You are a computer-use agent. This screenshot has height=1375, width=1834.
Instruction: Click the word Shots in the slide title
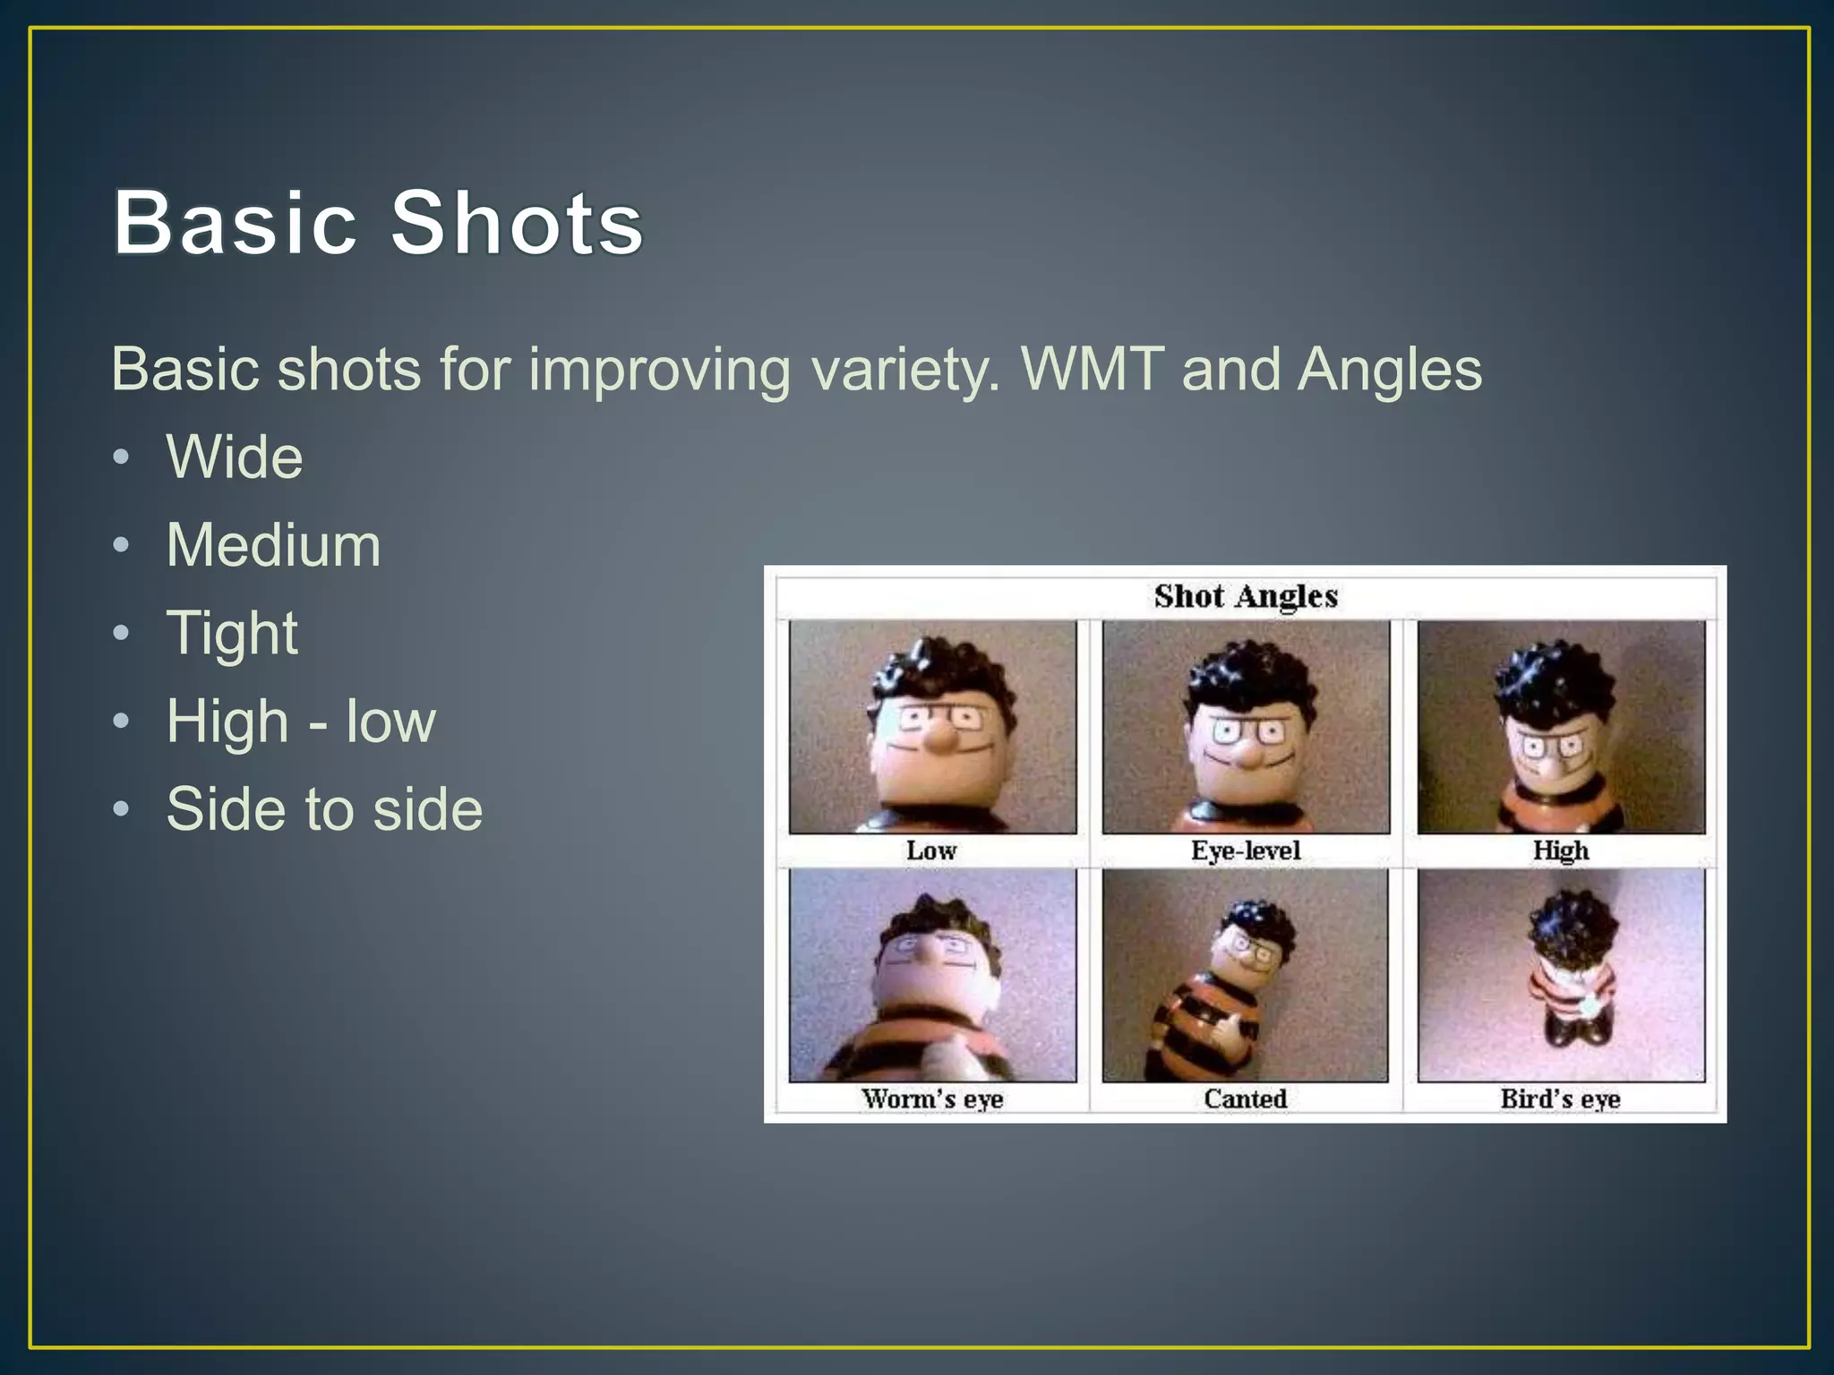coord(517,222)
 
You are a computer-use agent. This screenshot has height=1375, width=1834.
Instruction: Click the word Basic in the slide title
coord(235,222)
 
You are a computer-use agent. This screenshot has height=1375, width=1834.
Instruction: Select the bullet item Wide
coord(235,457)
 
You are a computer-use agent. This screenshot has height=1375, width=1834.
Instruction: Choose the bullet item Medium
coord(273,545)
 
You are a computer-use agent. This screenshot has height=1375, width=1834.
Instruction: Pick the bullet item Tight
coord(232,633)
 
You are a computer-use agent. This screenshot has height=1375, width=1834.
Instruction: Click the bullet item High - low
coord(301,722)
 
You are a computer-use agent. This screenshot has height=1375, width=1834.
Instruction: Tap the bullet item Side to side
coord(324,809)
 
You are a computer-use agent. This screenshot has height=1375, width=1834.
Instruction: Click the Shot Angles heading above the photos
coord(1246,596)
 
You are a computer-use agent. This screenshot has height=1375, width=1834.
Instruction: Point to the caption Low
coord(931,850)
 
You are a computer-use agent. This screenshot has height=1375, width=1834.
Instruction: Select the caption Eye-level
coord(1246,850)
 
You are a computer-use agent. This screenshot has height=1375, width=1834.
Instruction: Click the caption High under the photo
coord(1561,850)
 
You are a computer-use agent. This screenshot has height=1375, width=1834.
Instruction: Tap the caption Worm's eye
coord(932,1098)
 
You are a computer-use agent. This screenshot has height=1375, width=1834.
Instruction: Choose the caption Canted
coord(1245,1098)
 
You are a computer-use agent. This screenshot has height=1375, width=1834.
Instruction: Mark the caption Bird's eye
coord(1561,1098)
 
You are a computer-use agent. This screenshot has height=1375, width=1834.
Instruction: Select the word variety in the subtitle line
coord(904,369)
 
